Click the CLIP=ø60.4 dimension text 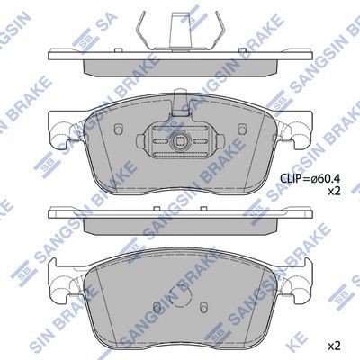310,179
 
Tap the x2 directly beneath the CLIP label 334,192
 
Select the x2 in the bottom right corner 334,346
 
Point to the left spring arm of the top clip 142,30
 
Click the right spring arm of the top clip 219,30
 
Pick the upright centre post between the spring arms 181,30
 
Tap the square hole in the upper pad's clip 180,140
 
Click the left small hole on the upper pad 118,129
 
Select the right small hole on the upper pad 241,129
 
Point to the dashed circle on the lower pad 180,296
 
